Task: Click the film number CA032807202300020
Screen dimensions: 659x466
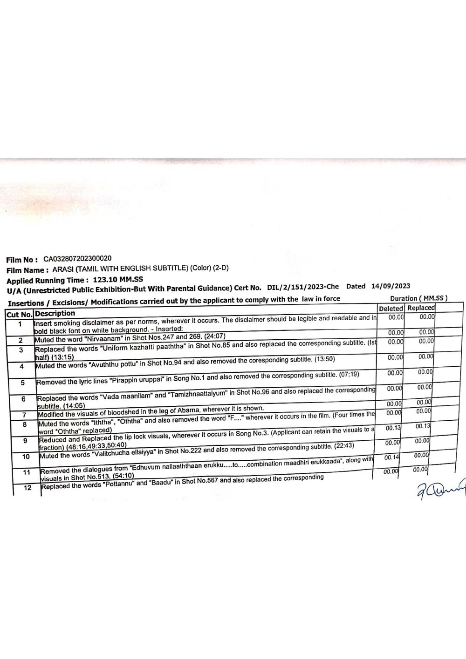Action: click(x=77, y=258)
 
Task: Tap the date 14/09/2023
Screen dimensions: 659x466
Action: click(x=391, y=286)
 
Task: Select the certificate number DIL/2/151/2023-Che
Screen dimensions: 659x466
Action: click(x=303, y=287)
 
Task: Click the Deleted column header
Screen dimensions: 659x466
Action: click(x=391, y=308)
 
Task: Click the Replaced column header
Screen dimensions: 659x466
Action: click(x=421, y=308)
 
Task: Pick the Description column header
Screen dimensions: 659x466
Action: click(x=55, y=313)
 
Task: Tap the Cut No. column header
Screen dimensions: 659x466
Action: click(x=19, y=314)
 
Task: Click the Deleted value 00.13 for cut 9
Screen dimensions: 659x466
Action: click(x=393, y=428)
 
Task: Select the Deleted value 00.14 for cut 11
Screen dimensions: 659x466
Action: click(x=391, y=458)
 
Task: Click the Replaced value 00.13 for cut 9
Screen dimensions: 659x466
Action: click(x=423, y=426)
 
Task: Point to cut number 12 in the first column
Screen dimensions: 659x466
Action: click(x=27, y=488)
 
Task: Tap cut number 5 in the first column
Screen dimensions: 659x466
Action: click(x=23, y=383)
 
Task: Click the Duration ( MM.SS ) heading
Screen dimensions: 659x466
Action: click(x=418, y=298)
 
